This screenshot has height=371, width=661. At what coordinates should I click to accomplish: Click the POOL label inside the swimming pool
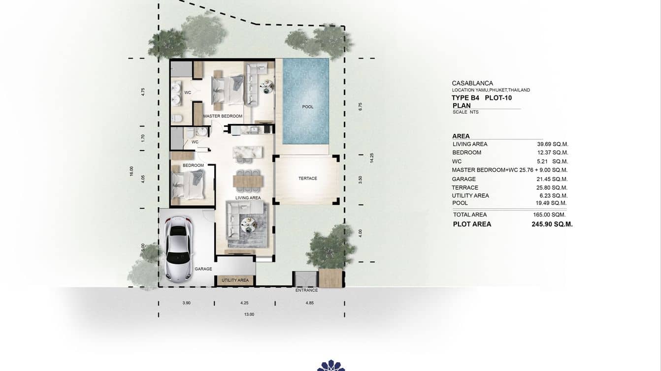coord(308,107)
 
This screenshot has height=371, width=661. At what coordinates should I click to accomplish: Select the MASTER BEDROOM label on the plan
coord(223,116)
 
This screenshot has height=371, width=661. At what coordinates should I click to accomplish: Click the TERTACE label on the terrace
coord(307,178)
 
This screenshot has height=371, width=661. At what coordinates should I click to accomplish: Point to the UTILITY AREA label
coord(235,280)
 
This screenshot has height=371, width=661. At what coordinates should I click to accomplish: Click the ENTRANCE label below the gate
coord(306,290)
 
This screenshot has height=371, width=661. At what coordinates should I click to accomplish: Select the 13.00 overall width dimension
coord(249,314)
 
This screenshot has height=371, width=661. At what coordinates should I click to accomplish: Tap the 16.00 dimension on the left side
coord(132,171)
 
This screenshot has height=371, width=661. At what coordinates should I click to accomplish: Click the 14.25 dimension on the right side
coord(372,157)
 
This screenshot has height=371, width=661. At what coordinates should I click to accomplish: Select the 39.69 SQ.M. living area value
coord(553,144)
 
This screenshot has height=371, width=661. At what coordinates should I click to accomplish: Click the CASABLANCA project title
coord(472,83)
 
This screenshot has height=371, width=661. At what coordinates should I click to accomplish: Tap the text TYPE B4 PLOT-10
coord(481,98)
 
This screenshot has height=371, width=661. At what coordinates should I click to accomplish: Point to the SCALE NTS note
coord(465,112)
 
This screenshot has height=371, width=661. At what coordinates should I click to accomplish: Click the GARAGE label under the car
coord(203,269)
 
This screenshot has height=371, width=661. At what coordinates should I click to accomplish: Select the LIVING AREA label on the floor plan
coord(248,198)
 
